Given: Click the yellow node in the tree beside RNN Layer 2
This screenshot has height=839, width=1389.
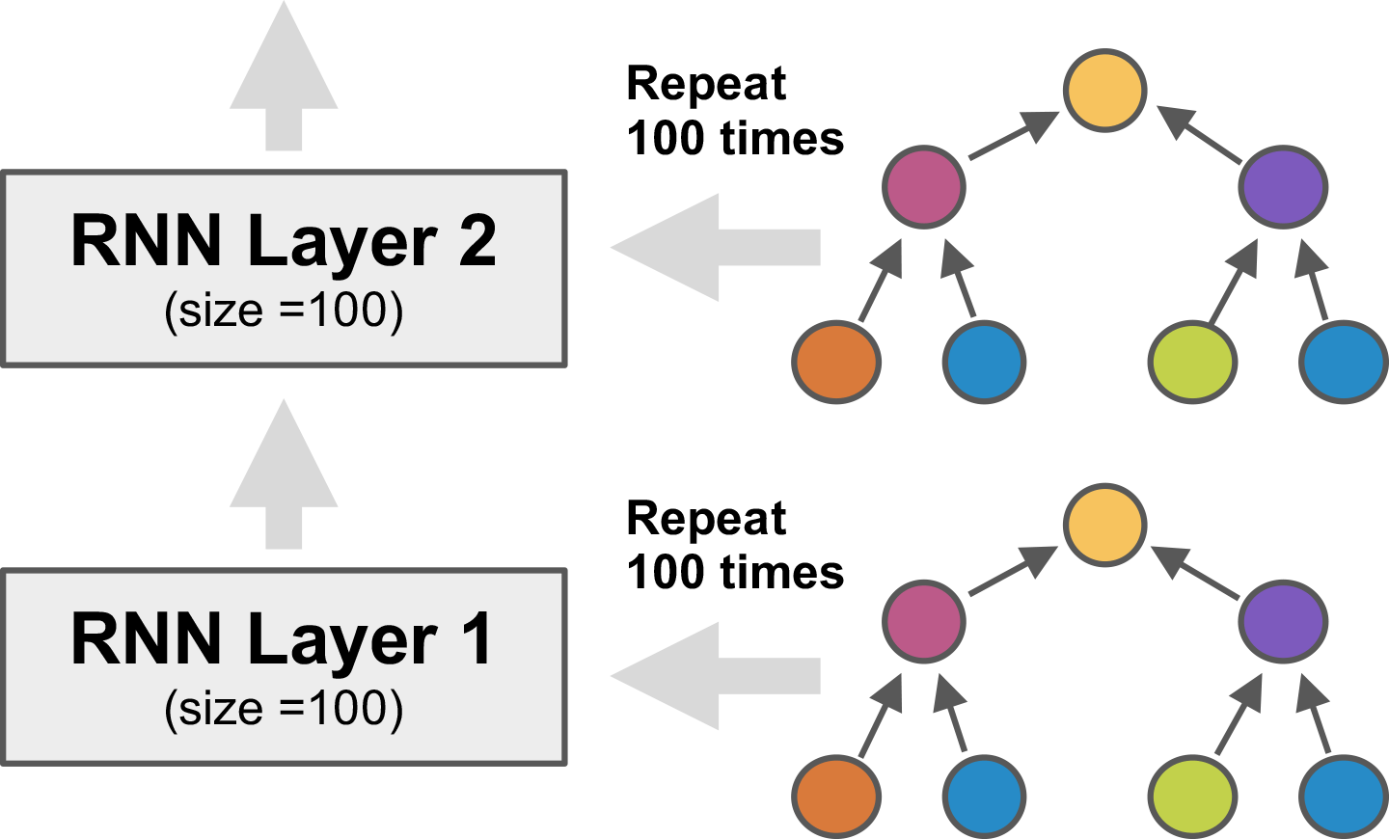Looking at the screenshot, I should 1104,91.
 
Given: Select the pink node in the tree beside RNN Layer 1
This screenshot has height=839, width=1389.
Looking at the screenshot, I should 924,621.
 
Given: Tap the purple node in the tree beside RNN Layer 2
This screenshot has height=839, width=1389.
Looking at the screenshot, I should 1283,187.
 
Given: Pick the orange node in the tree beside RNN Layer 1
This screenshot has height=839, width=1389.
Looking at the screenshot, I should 836,797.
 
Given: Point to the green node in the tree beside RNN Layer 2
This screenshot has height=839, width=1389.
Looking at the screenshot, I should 1192,363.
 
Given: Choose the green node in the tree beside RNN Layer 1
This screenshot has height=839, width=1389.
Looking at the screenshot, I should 1192,797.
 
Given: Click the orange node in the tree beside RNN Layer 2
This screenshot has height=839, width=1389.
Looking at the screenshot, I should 836,363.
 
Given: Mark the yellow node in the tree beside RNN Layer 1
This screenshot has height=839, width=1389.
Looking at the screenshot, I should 1104,525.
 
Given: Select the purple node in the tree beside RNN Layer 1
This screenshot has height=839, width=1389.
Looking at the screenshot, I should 1283,621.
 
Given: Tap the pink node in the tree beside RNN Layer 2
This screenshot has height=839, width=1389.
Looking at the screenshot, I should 924,187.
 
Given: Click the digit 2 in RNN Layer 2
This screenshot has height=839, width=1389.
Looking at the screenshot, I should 477,241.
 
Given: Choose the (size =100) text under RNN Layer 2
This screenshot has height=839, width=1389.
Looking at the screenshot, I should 284,311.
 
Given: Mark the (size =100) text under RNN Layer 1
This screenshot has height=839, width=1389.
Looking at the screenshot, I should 284,709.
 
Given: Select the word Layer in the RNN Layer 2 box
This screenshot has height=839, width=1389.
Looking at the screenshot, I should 343,241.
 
